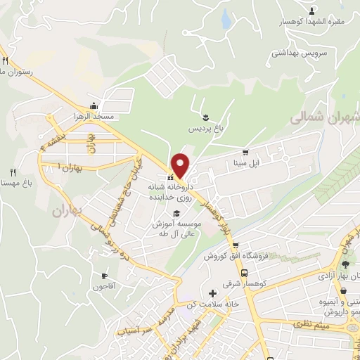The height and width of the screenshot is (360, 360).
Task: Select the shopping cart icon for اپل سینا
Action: coord(245,153)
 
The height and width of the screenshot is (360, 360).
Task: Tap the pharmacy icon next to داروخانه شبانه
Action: coord(171,178)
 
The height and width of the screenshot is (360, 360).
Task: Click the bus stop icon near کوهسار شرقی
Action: coord(244,273)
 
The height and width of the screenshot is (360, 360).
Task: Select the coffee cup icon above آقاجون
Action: coord(105,276)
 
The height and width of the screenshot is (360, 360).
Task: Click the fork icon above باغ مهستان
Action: coord(12,172)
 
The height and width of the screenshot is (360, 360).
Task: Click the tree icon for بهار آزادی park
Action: coord(345,264)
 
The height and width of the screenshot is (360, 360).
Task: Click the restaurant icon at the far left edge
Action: coord(5,61)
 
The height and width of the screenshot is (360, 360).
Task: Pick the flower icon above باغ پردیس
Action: coord(205,117)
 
